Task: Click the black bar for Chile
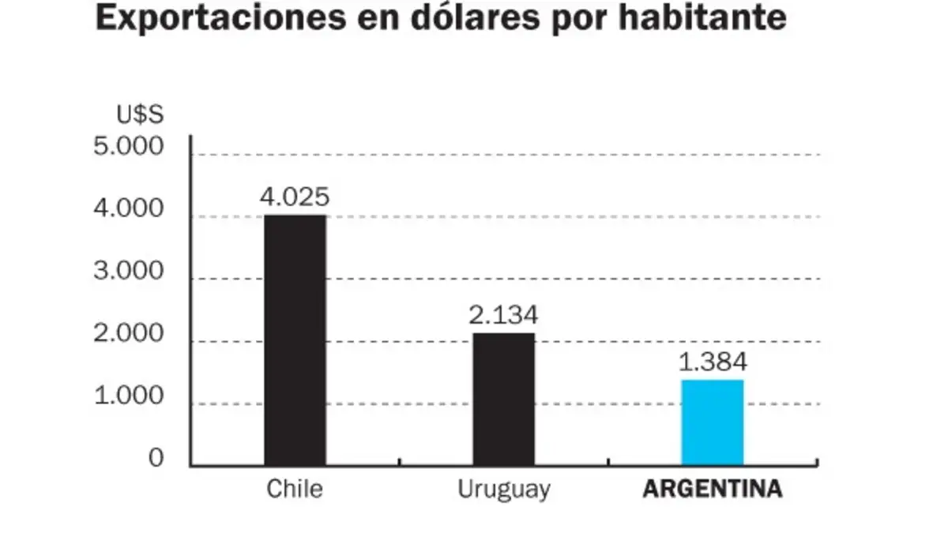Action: (x=295, y=340)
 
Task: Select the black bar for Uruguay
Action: (x=504, y=400)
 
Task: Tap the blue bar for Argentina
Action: (x=713, y=422)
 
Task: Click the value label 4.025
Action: (x=295, y=197)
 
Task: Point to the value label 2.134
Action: (x=503, y=315)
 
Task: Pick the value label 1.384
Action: (x=713, y=362)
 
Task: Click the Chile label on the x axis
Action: (x=295, y=489)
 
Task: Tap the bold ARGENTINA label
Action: (x=713, y=489)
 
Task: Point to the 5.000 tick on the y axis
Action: (x=128, y=146)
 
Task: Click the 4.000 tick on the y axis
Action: (x=128, y=208)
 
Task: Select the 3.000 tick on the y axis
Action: (x=128, y=271)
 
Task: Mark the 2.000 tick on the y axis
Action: (x=128, y=333)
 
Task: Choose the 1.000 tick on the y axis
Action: (x=128, y=396)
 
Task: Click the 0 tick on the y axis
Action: (x=156, y=458)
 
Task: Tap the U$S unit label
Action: (x=140, y=114)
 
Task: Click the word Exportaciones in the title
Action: (x=221, y=17)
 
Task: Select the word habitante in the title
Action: (x=702, y=17)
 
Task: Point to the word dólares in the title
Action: (x=476, y=17)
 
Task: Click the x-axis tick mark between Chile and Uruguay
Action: (x=399, y=462)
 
